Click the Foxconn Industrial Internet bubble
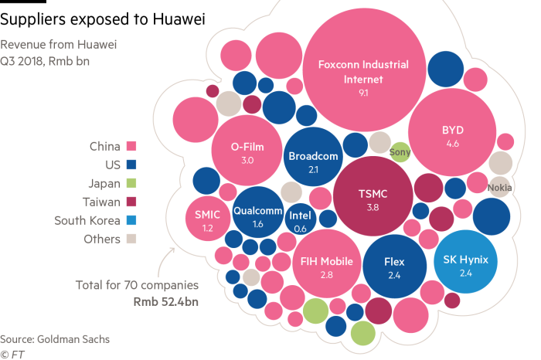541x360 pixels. click(362, 73)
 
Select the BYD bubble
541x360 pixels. click(452, 136)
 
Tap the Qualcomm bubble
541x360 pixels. click(257, 214)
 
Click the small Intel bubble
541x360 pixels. click(300, 221)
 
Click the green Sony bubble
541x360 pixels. click(400, 152)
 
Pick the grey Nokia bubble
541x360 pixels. click(500, 186)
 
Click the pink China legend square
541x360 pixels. click(131, 146)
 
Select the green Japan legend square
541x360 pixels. click(131, 183)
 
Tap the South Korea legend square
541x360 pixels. click(131, 220)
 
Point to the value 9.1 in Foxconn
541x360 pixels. click(362, 93)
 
